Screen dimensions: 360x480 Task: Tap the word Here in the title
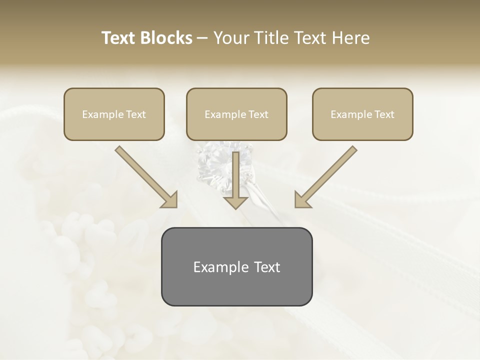tap(349, 38)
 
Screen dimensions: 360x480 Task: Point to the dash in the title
tap(202, 38)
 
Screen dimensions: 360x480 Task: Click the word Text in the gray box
tap(267, 267)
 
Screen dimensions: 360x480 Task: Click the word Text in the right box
tap(384, 114)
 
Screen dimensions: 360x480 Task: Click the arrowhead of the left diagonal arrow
tap(170, 200)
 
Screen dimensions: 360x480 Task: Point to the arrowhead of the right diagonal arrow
tap(301, 200)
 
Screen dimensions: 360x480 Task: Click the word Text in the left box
tap(135, 114)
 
